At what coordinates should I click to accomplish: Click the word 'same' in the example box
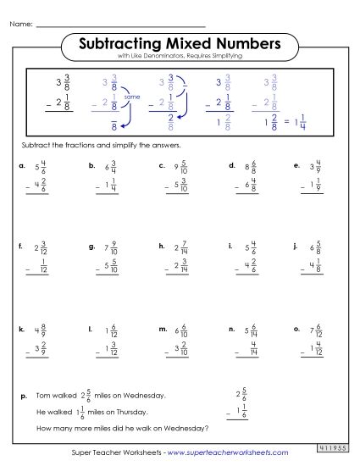tap(131, 97)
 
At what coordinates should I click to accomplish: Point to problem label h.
tap(161, 247)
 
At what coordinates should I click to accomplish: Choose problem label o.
tap(296, 327)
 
